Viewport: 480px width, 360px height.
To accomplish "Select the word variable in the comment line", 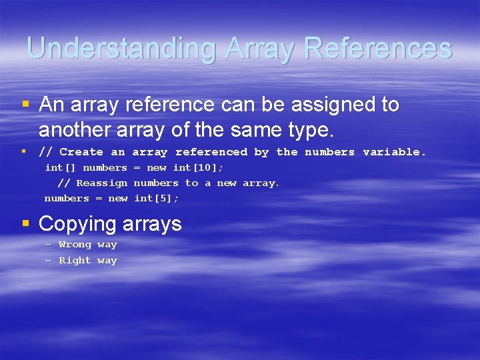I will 394,152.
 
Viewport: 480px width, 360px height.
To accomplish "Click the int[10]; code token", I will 198,167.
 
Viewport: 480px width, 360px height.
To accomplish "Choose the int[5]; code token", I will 156,198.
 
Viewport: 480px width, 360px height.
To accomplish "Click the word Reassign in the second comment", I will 101,183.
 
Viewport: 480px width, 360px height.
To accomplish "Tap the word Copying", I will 77,223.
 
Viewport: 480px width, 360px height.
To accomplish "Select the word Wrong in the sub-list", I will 74,245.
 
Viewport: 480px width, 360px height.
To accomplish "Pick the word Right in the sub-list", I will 75,261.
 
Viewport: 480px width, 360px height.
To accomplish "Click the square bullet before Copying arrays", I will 25,223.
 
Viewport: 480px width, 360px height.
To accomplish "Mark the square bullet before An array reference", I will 25,105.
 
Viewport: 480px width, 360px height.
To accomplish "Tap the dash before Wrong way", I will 48,245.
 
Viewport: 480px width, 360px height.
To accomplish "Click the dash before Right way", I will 48,261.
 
